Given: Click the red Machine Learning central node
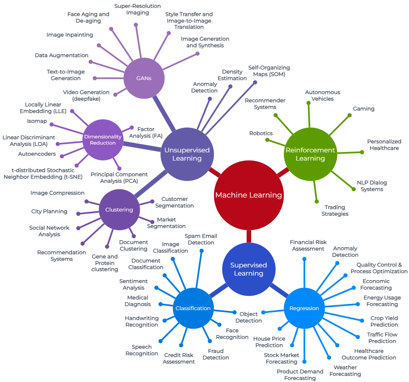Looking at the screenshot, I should [x=249, y=195].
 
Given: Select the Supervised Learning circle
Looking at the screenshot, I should [x=248, y=269].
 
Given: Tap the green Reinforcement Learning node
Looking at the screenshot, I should [x=310, y=154].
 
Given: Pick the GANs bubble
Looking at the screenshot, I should [x=144, y=78].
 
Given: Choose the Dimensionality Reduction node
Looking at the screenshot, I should [x=103, y=140].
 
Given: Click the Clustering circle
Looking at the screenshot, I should [x=119, y=209].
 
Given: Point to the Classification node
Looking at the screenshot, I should [x=193, y=308].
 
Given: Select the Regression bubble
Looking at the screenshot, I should [x=304, y=308].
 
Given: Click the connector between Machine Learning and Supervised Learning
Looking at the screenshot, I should [x=249, y=237].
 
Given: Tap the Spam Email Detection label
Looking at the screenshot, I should [x=201, y=239].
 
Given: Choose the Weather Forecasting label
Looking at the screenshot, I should [x=345, y=370].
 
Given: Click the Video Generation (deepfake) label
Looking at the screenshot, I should [x=86, y=95].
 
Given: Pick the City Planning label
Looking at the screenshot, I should [x=49, y=212].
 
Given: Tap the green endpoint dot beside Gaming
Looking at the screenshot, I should [x=350, y=115].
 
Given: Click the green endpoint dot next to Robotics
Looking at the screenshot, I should [x=267, y=140].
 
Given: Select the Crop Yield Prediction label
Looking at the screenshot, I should [x=384, y=321].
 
